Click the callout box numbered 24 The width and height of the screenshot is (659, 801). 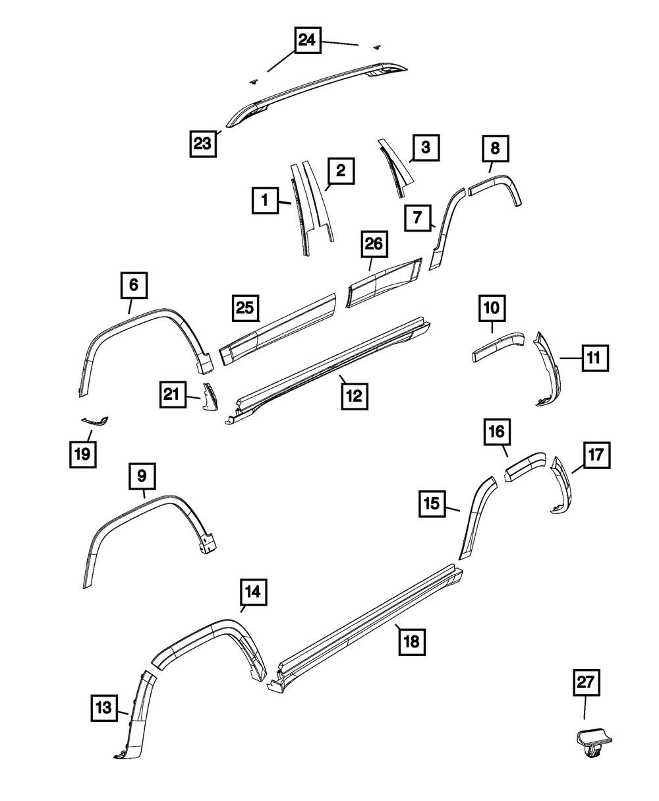(x=306, y=41)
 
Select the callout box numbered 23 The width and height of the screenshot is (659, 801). (x=204, y=143)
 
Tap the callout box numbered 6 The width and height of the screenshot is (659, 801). (x=134, y=286)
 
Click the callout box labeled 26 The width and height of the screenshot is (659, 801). (x=374, y=244)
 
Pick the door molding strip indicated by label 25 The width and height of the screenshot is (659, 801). (x=280, y=328)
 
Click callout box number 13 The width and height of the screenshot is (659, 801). (x=103, y=709)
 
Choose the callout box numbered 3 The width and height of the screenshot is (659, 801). (x=426, y=147)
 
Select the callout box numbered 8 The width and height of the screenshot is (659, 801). (x=495, y=149)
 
